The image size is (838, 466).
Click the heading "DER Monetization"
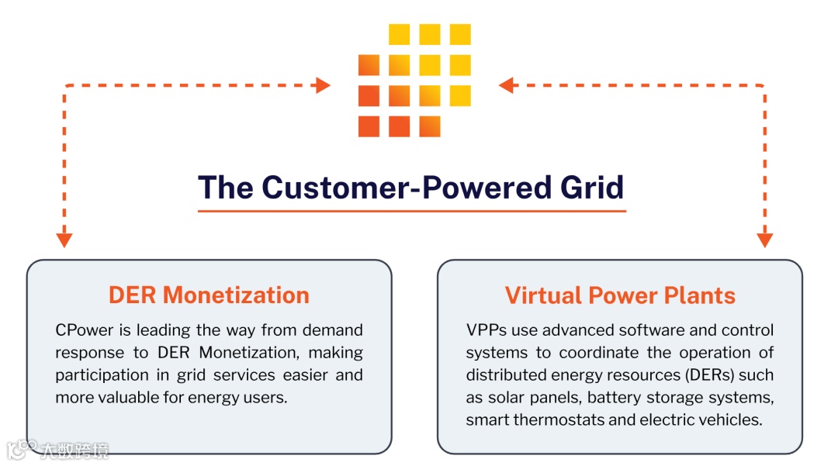coord(209,295)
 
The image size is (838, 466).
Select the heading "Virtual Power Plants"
coord(620,295)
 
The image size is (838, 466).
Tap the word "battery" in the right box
coord(612,398)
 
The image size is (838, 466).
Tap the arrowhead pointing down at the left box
coord(64,240)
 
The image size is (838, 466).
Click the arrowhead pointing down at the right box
coord(765,240)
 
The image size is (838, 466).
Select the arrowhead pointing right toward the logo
coord(324,85)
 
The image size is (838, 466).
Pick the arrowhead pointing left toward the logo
coord(507,85)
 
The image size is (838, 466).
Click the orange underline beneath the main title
coord(411,210)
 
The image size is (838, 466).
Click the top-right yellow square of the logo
coord(460,34)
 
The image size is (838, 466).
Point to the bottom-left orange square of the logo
coord(369,126)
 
